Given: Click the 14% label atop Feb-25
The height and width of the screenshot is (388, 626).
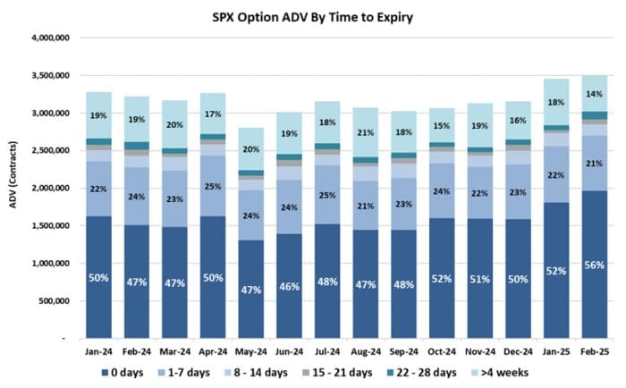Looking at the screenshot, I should click(595, 93).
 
